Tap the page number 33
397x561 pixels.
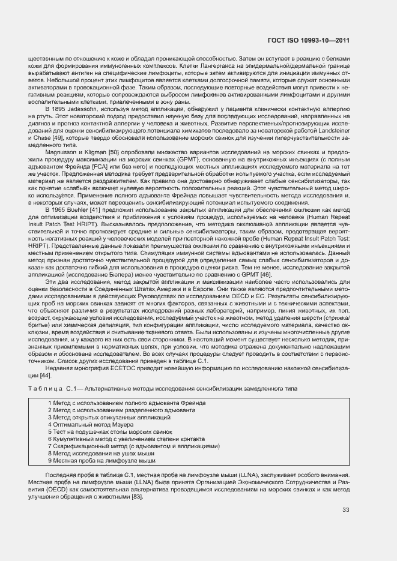point(345,511)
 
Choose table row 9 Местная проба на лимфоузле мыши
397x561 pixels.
point(101,460)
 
